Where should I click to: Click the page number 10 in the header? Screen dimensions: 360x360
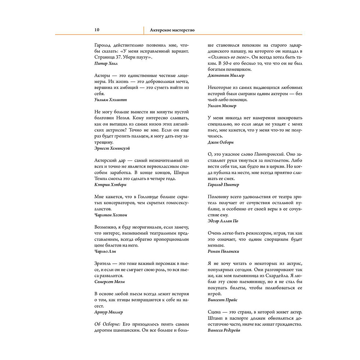point(97,30)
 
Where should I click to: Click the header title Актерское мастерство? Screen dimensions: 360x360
point(172,30)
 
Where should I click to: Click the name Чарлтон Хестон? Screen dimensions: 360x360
point(111,215)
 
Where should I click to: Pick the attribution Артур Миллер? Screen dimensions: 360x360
point(109,312)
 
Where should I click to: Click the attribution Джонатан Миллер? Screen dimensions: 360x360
point(226,76)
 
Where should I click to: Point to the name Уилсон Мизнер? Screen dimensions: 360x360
point(222,106)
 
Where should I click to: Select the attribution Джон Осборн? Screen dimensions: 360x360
point(221,142)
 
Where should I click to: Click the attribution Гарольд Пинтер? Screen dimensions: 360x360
point(224,185)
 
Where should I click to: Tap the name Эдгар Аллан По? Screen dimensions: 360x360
point(223,221)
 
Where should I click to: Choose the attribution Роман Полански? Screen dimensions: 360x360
point(224,251)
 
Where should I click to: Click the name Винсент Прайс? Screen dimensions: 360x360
point(222,300)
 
